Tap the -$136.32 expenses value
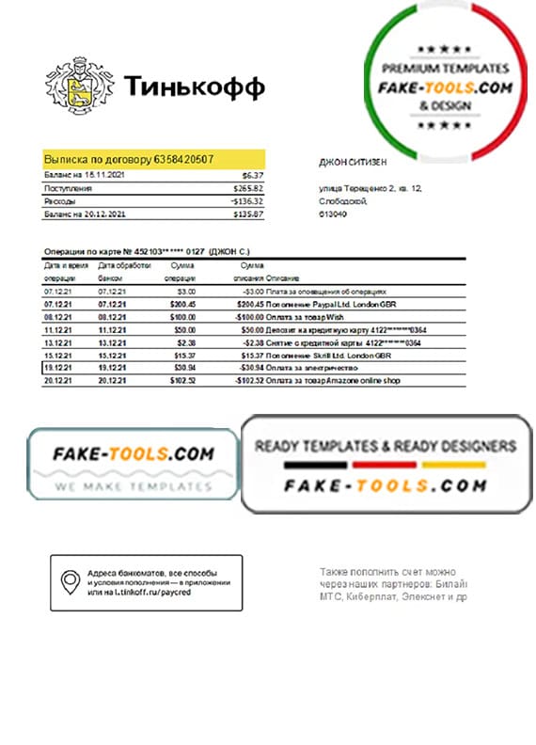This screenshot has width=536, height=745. (x=247, y=201)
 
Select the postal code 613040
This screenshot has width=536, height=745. (x=333, y=214)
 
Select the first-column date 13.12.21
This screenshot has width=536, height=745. (x=57, y=343)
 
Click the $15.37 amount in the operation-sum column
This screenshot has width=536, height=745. (x=184, y=356)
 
